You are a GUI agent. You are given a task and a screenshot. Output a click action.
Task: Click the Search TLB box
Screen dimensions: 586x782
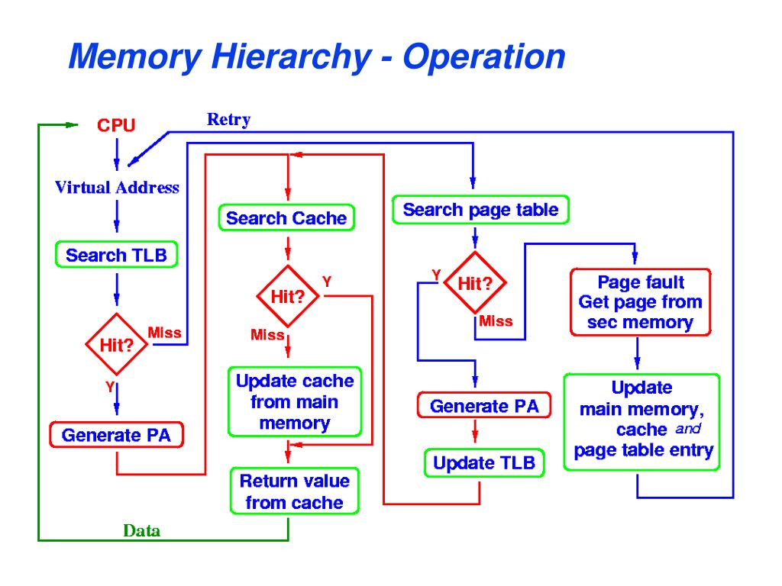pyautogui.click(x=116, y=255)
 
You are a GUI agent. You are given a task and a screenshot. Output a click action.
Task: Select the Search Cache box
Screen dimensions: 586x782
pyautogui.click(x=286, y=218)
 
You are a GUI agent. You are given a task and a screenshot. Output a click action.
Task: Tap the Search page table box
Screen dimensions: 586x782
pyautogui.click(x=480, y=210)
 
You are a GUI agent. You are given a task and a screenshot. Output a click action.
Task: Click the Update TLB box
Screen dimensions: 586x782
pyautogui.click(x=484, y=463)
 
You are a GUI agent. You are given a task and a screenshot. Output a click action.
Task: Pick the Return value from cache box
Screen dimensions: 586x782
pyautogui.click(x=294, y=492)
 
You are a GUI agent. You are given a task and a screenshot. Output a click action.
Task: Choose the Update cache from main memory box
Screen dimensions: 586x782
pyautogui.click(x=294, y=402)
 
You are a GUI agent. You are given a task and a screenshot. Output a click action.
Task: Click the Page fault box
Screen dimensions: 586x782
pyautogui.click(x=640, y=302)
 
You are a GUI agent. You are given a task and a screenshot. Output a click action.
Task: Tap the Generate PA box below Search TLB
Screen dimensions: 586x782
pyautogui.click(x=116, y=436)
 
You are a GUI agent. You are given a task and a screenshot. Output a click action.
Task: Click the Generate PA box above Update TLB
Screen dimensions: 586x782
pyautogui.click(x=484, y=406)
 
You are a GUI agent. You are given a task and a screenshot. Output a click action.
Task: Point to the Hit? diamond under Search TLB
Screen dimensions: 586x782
pyautogui.click(x=116, y=344)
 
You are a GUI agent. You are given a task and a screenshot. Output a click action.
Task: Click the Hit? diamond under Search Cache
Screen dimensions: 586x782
pyautogui.click(x=287, y=297)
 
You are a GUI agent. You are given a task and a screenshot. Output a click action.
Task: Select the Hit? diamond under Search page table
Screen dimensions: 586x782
pyautogui.click(x=474, y=284)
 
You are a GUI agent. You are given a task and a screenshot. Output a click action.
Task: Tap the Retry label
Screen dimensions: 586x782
pyautogui.click(x=228, y=119)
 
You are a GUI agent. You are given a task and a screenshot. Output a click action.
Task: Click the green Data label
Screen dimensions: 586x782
pyautogui.click(x=142, y=531)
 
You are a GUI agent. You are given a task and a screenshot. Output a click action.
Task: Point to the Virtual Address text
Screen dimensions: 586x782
pyautogui.click(x=117, y=188)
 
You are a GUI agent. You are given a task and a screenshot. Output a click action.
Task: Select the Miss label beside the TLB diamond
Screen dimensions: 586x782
pyautogui.click(x=164, y=333)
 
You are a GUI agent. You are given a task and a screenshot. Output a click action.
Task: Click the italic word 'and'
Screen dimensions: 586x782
pyautogui.click(x=687, y=429)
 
